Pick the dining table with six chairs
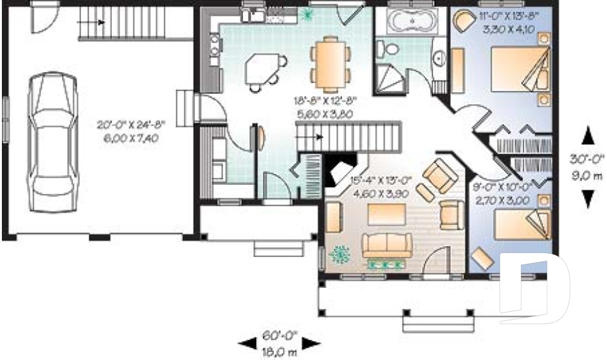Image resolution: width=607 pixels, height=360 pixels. (x=331, y=61)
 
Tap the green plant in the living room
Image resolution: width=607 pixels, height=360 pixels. (x=341, y=254)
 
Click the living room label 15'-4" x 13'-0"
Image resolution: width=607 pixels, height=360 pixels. (x=381, y=187)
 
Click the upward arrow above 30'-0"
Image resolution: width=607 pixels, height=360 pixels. (x=587, y=136)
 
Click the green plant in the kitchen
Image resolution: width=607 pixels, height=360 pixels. (x=307, y=13)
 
